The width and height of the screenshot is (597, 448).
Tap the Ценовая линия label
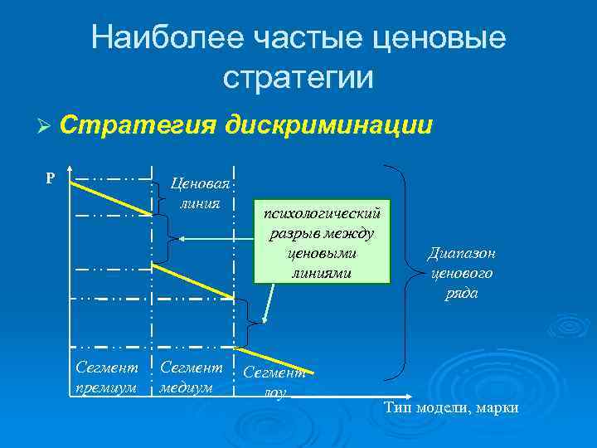click(199, 193)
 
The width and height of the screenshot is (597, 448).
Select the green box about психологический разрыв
click(322, 241)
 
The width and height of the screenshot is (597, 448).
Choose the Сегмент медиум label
click(191, 377)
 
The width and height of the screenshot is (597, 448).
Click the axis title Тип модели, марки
click(453, 407)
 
